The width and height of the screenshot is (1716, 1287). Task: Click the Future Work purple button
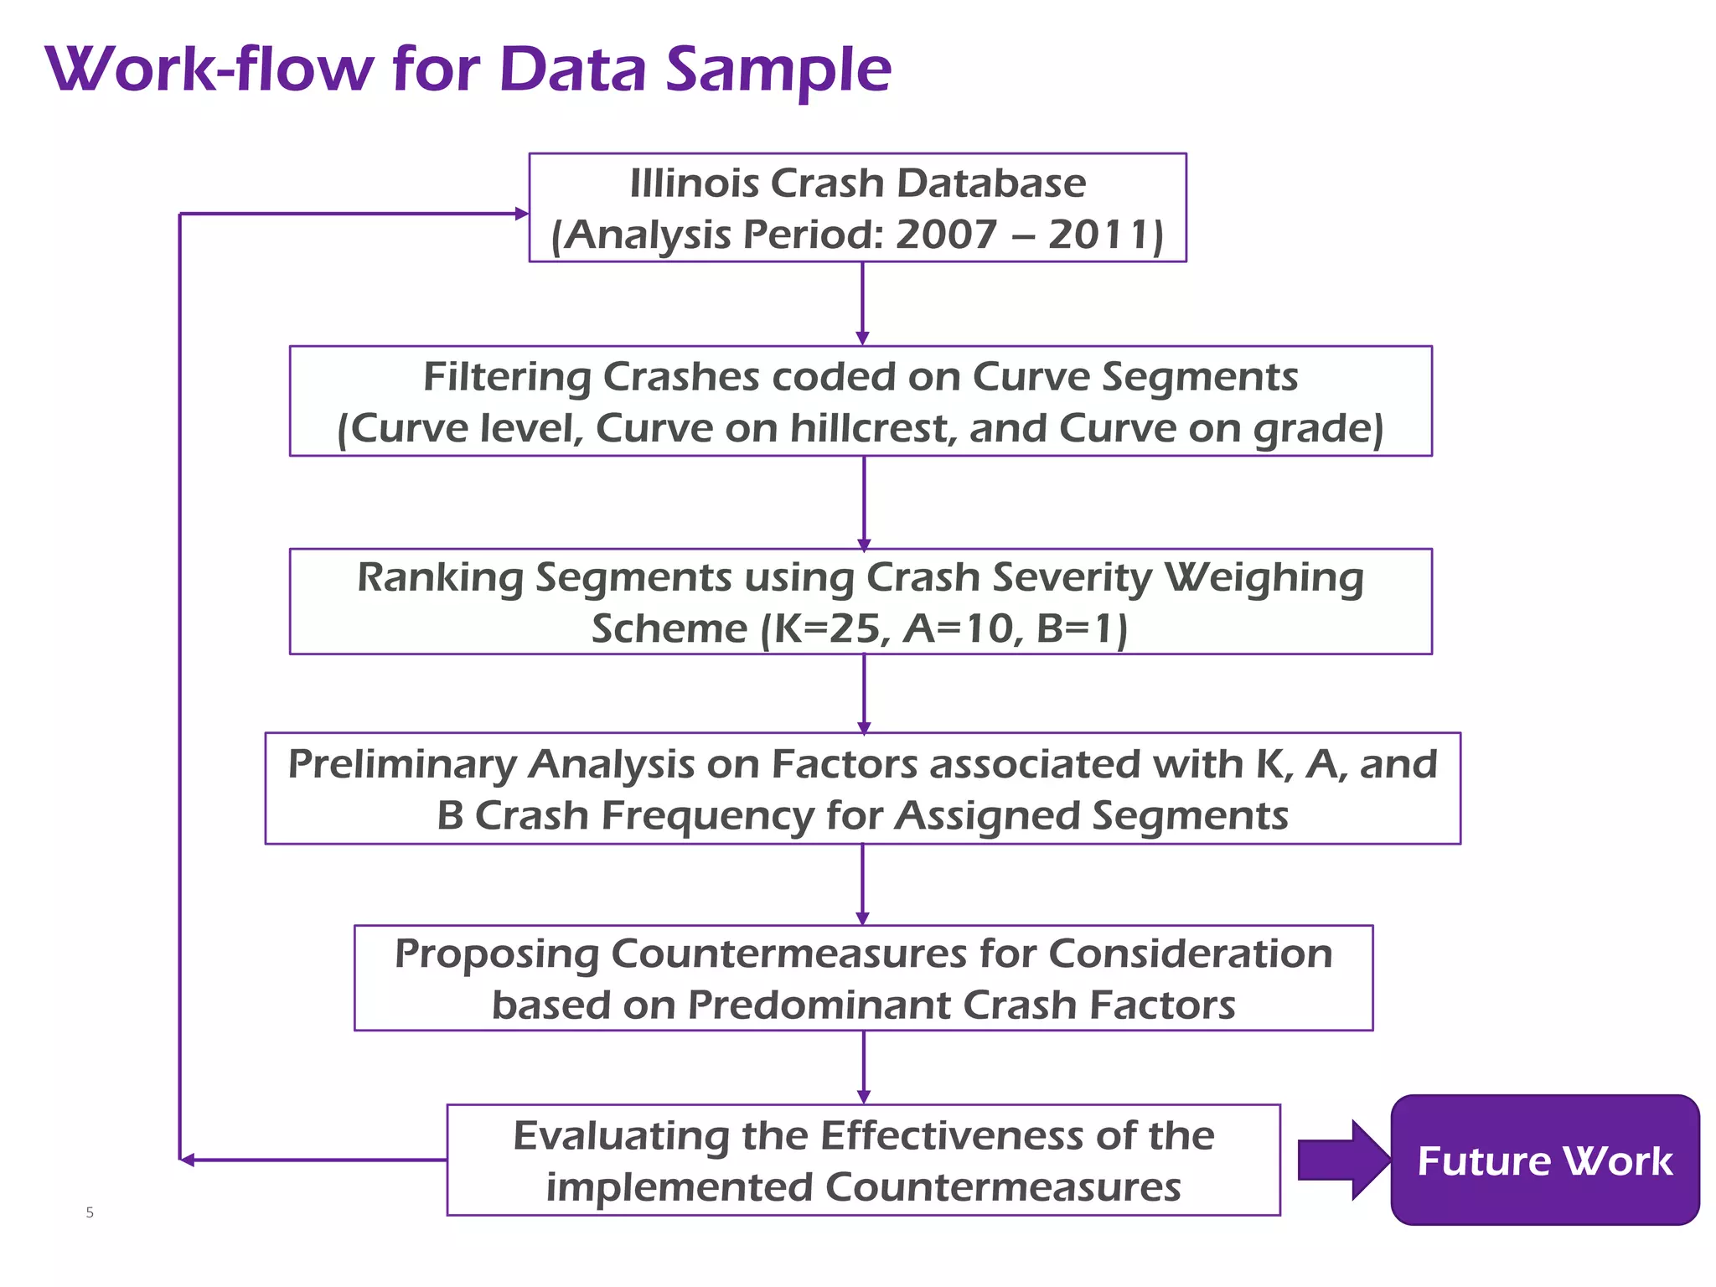pos(1544,1160)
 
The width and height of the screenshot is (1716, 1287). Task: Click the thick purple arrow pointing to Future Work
pos(1341,1160)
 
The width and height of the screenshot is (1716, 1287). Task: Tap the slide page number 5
pos(90,1212)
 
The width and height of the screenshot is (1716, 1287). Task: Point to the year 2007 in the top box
pos(946,235)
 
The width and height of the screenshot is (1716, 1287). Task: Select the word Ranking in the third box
pos(440,578)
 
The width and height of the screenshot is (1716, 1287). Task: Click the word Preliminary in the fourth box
pos(402,764)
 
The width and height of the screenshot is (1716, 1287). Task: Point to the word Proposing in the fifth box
pos(496,954)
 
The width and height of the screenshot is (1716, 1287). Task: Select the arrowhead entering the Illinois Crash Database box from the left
pos(521,214)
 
